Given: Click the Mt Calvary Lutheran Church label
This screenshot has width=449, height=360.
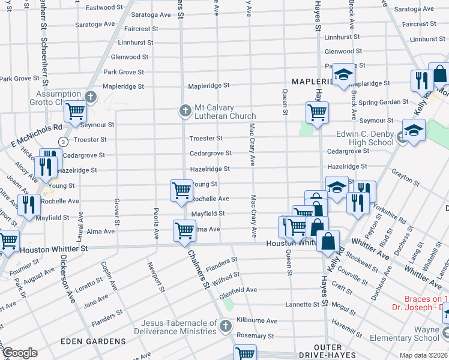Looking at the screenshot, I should [224, 112].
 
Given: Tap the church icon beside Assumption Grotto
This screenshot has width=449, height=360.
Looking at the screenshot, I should [91, 96].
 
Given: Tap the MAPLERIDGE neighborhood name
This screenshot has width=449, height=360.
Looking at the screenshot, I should [312, 81].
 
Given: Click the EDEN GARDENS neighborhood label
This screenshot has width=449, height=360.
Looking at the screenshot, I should [93, 341].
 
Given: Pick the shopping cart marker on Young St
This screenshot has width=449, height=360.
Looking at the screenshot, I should [181, 190].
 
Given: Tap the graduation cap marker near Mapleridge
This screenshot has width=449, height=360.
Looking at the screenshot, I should [343, 74].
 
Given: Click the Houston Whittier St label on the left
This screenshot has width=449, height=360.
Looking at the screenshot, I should [54, 248].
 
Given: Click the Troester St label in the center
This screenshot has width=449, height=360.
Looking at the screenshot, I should [206, 139].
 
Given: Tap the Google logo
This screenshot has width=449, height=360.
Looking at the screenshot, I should [20, 353].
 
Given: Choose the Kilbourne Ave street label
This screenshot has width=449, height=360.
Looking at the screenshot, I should [257, 321].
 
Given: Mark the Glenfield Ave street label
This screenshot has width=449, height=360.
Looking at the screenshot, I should [238, 290].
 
